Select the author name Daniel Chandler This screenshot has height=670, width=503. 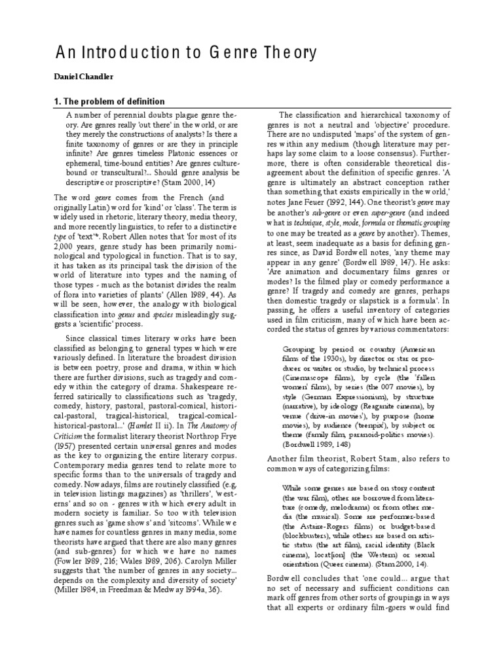click(x=83, y=77)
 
